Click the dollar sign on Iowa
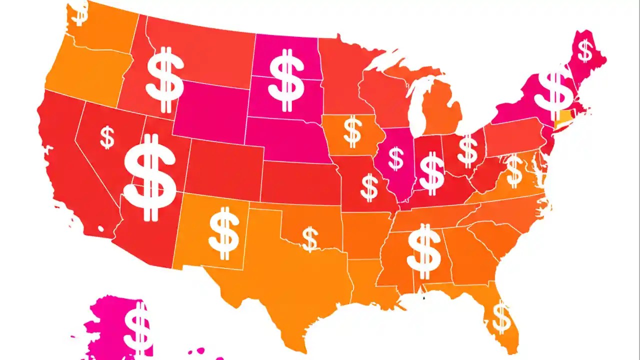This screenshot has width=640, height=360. point(352,131)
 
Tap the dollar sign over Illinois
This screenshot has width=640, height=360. point(396,158)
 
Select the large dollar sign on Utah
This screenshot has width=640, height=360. point(149,177)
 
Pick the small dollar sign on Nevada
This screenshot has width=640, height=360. point(107,137)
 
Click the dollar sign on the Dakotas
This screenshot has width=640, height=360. point(286,80)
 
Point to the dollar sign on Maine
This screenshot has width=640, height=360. point(585,50)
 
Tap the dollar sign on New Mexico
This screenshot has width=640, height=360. point(223,231)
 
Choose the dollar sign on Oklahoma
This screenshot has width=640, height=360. point(310,238)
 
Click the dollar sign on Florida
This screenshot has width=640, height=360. point(501,317)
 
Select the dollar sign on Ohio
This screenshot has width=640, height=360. point(467,151)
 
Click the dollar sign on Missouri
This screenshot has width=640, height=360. point(369,187)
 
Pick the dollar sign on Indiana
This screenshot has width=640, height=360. point(431,172)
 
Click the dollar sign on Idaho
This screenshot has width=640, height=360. point(165,80)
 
